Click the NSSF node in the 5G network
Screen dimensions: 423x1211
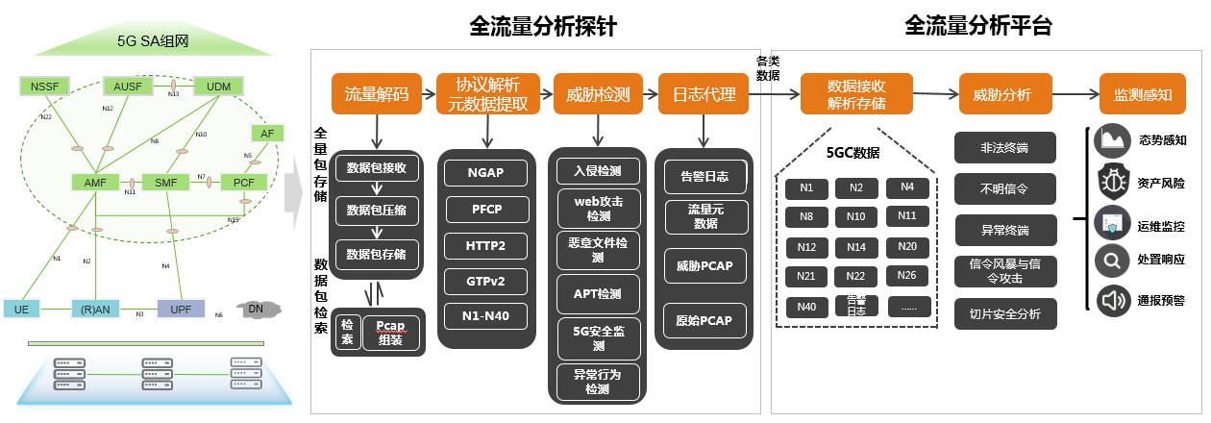point(44,87)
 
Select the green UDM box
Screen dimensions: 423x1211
point(211,87)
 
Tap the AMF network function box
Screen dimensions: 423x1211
point(93,181)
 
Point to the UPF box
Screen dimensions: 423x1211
point(181,309)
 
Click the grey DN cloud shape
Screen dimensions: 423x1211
point(256,308)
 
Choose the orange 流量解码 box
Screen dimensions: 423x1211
point(377,94)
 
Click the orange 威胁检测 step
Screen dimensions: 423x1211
point(598,94)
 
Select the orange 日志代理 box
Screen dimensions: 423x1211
point(704,94)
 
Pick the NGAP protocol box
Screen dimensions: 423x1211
point(486,173)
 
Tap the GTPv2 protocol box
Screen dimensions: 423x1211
point(486,281)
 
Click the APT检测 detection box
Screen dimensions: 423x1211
point(598,293)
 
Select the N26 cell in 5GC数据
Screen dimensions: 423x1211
point(906,276)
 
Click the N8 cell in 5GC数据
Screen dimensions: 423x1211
point(805,216)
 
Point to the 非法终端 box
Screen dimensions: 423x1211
point(1004,148)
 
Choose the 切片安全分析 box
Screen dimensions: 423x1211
point(1004,314)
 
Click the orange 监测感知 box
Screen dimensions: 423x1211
point(1142,94)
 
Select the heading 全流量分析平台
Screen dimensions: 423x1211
point(977,27)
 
